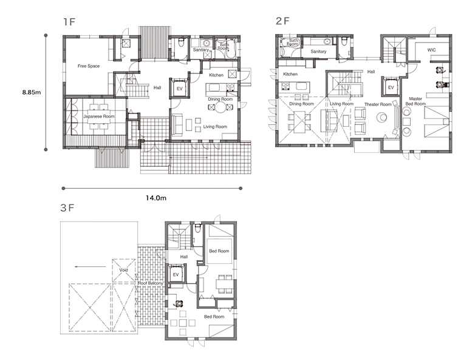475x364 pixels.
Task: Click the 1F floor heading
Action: [69, 22]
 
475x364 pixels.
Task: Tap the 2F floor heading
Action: [282, 21]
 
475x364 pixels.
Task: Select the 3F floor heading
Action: [67, 208]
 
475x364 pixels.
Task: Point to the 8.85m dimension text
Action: [32, 92]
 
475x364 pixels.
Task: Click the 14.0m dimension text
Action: [156, 198]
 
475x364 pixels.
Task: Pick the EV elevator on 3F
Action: [176, 274]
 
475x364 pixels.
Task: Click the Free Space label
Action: [89, 66]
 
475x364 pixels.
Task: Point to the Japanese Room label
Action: [99, 116]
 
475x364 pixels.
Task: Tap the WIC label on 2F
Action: [431, 50]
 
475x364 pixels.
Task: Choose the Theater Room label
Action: [378, 104]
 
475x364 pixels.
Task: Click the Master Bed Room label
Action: [415, 101]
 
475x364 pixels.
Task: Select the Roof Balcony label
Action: [151, 283]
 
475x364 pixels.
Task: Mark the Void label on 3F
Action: [123, 270]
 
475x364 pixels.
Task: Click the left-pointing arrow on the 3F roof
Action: [91, 267]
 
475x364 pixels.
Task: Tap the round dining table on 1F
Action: [220, 107]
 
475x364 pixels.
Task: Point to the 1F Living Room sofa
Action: [177, 124]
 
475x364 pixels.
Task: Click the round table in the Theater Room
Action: [381, 117]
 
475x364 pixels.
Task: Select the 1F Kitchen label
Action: [216, 75]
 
